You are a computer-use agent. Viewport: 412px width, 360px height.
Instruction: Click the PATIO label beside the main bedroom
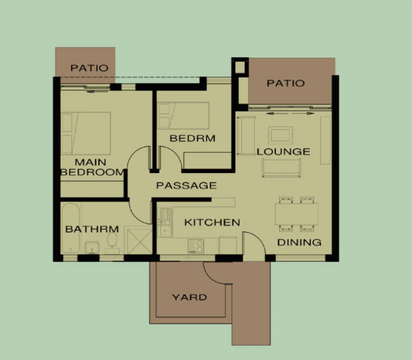[x=86, y=68]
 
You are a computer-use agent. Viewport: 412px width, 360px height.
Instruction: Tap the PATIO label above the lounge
[x=285, y=83]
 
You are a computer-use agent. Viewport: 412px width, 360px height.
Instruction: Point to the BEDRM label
[x=192, y=138]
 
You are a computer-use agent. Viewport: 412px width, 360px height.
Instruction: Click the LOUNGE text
[x=283, y=151]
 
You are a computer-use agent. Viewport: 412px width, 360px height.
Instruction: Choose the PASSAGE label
[x=186, y=185]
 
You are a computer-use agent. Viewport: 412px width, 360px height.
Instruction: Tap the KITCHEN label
[x=212, y=222]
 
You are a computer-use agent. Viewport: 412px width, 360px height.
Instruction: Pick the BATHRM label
[x=91, y=229]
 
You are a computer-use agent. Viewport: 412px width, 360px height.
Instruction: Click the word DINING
[x=299, y=243]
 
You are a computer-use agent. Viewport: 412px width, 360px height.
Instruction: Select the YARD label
[x=189, y=297]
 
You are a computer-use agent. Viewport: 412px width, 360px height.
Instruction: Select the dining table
[x=296, y=213]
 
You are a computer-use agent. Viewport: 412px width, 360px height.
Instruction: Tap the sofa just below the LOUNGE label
[x=283, y=168]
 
